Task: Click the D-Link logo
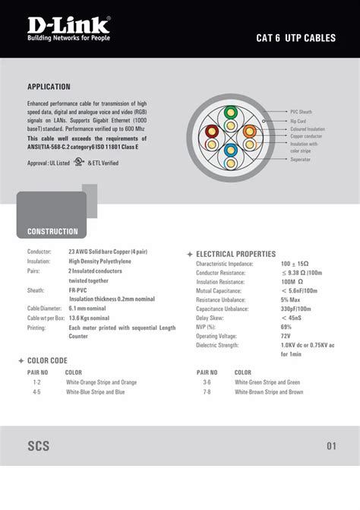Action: tap(68, 27)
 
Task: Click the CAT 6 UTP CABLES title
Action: tap(295, 36)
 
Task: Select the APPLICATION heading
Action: tap(49, 87)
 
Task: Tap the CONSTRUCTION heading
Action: tap(52, 231)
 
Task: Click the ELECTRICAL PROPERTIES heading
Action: tap(235, 254)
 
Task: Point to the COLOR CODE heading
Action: tap(47, 360)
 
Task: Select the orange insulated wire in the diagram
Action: tap(251, 131)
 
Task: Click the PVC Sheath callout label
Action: tap(301, 112)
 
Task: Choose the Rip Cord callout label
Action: tap(298, 121)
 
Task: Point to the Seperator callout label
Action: tap(300, 159)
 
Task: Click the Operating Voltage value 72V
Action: tap(286, 335)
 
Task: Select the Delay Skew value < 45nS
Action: tap(290, 318)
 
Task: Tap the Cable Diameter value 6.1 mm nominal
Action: tap(88, 309)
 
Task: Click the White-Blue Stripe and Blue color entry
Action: tap(95, 392)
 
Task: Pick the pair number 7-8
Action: tap(207, 392)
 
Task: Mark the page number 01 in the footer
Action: tap(331, 446)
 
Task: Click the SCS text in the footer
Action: tap(39, 446)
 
